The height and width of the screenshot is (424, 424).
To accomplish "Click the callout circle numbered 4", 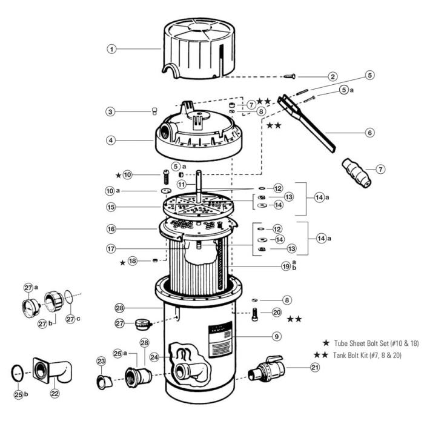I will pos(111,141).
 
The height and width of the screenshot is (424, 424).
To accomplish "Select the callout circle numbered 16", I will pos(111,230).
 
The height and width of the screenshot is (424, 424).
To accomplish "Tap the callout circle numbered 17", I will pos(111,248).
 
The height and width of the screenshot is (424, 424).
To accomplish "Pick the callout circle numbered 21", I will pos(314,367).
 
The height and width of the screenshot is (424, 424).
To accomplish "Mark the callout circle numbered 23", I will pos(101,361).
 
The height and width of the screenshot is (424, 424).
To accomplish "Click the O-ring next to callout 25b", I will pos(19,373).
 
